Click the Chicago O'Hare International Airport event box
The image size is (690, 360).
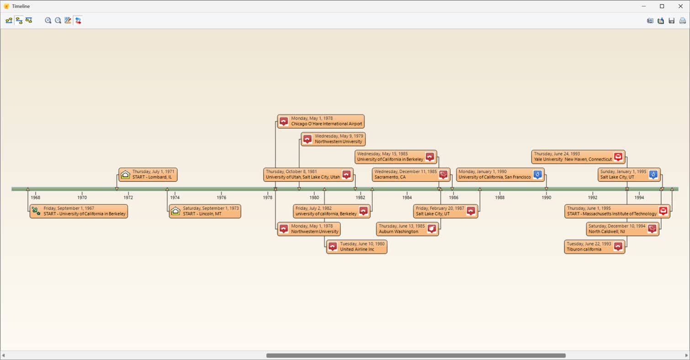(x=321, y=122)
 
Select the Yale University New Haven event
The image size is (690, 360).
(x=578, y=157)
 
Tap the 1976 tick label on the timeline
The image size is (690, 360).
(x=221, y=197)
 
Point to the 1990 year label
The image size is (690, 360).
(x=546, y=197)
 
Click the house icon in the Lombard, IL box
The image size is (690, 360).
(x=125, y=175)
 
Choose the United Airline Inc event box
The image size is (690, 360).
(x=357, y=247)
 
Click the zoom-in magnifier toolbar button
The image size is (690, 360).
(x=48, y=21)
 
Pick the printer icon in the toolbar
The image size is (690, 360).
(x=683, y=21)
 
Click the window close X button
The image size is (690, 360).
(x=680, y=6)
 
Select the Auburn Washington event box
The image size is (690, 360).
(x=408, y=229)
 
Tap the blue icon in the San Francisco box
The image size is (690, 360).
(x=537, y=175)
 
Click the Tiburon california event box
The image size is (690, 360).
(x=594, y=247)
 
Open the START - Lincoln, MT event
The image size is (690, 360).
(x=205, y=211)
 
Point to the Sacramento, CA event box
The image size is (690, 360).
(x=411, y=175)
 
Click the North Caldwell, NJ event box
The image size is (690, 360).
(x=622, y=229)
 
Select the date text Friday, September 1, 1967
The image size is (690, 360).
(x=69, y=208)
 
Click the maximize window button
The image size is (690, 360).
(x=662, y=6)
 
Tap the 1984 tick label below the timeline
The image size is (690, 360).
(x=407, y=197)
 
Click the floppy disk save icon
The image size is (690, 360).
(x=672, y=21)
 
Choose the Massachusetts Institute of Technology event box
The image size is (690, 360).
(x=617, y=211)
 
